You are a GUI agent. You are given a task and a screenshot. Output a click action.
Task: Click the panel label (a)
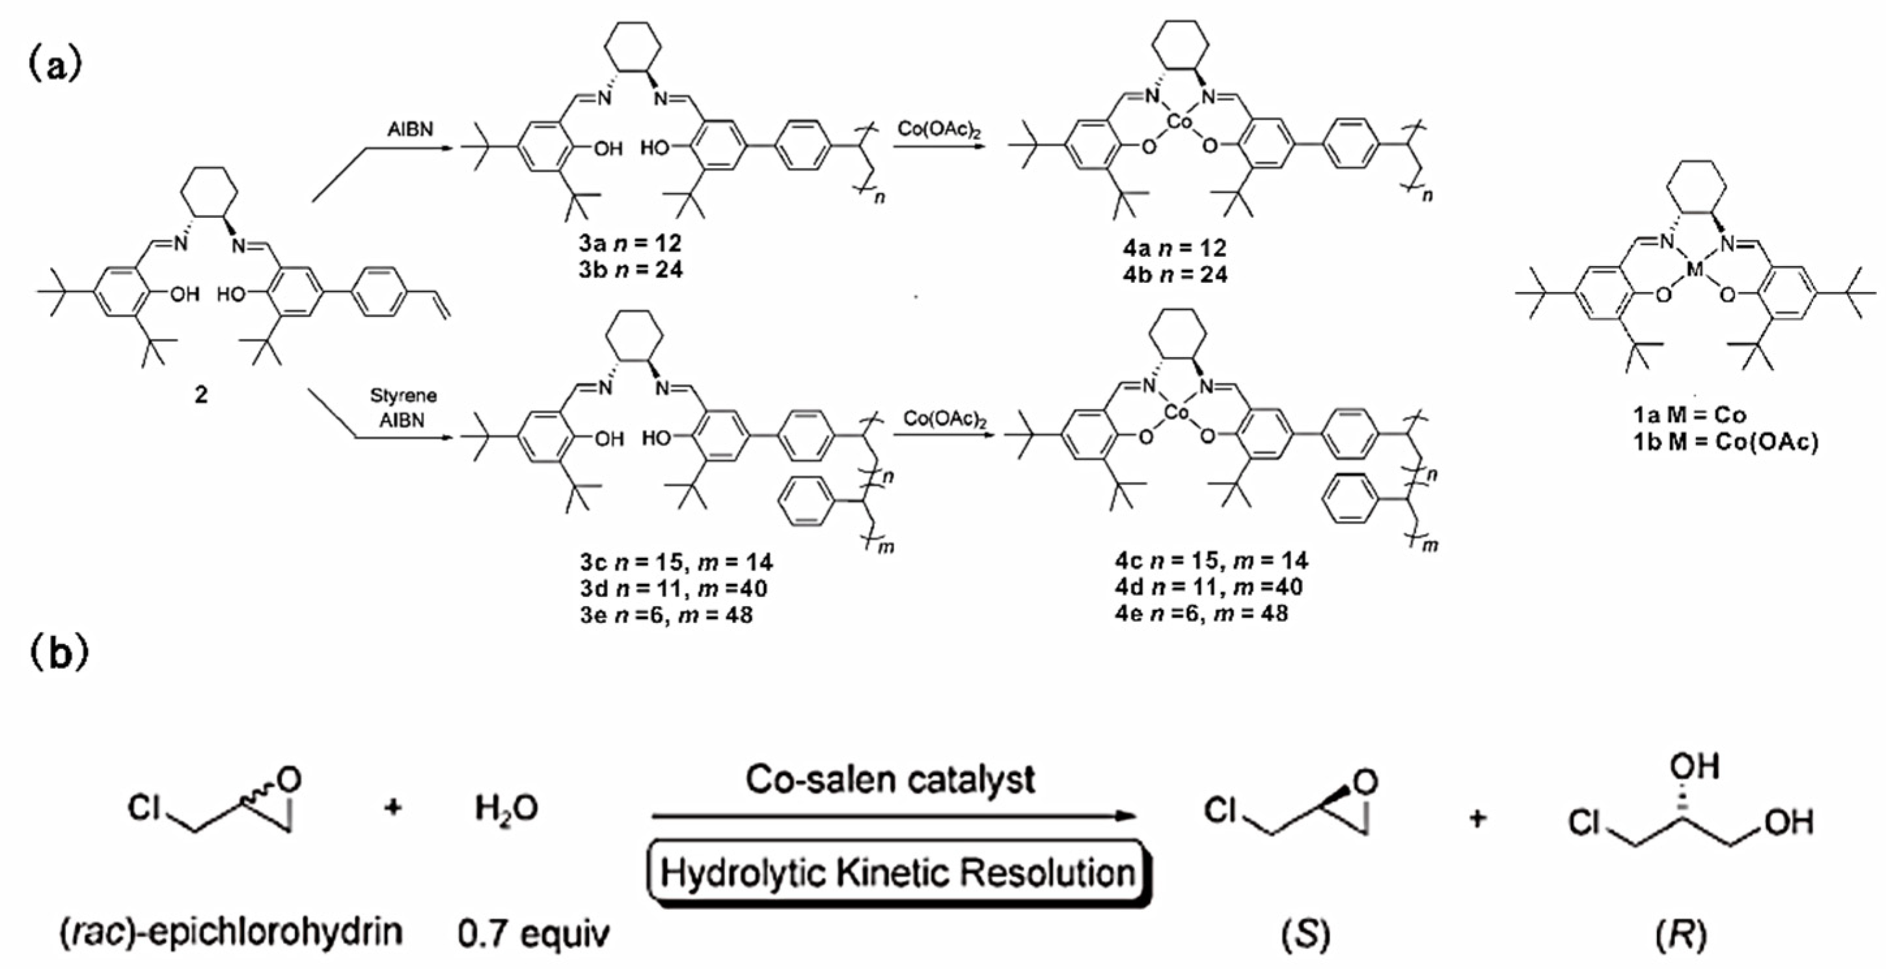point(55,66)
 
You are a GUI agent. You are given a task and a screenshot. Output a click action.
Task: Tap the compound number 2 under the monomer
point(200,395)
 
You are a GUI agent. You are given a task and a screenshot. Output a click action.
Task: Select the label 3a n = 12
point(631,243)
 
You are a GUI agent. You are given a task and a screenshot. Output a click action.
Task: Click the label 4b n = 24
point(1175,274)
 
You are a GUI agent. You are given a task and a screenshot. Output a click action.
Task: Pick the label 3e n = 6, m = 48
point(666,615)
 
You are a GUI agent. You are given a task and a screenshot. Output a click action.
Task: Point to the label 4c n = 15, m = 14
point(1212,561)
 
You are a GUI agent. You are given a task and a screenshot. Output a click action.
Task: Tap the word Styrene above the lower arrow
point(403,396)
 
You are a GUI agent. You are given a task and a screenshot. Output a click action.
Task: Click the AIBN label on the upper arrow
point(410,130)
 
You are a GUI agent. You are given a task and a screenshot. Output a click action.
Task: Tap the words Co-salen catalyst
point(890,780)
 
